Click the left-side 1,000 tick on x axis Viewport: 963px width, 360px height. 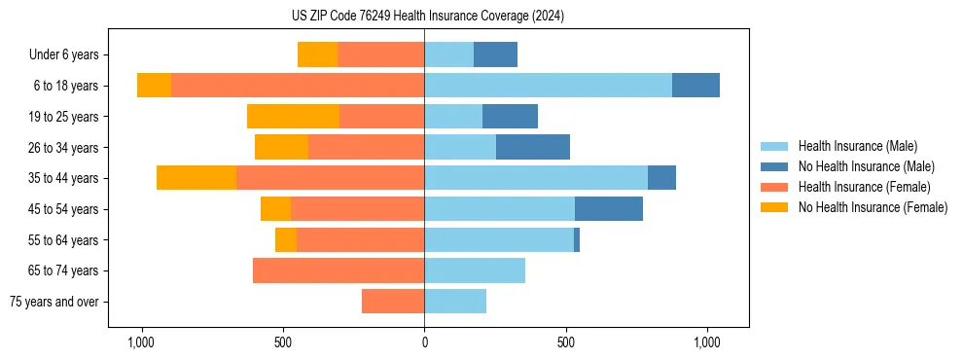tap(141, 342)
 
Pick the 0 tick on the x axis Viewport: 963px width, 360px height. tap(424, 342)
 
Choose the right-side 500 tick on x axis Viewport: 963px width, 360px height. tap(566, 342)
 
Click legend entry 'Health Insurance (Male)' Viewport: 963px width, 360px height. tap(857, 146)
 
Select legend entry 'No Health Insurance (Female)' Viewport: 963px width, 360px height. tap(873, 207)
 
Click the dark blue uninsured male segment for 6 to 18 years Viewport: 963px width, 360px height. tap(695, 86)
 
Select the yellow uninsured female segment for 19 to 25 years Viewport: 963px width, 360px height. tap(293, 117)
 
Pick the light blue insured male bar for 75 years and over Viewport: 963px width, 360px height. tap(455, 302)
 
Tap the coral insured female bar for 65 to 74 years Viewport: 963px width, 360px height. tap(339, 270)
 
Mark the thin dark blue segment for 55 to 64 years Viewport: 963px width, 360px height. tap(577, 239)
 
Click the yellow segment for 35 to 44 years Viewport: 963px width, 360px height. tap(196, 178)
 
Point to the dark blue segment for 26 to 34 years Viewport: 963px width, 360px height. tap(533, 147)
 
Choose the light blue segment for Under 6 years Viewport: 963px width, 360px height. tap(448, 55)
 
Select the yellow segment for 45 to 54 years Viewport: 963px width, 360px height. tap(275, 209)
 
